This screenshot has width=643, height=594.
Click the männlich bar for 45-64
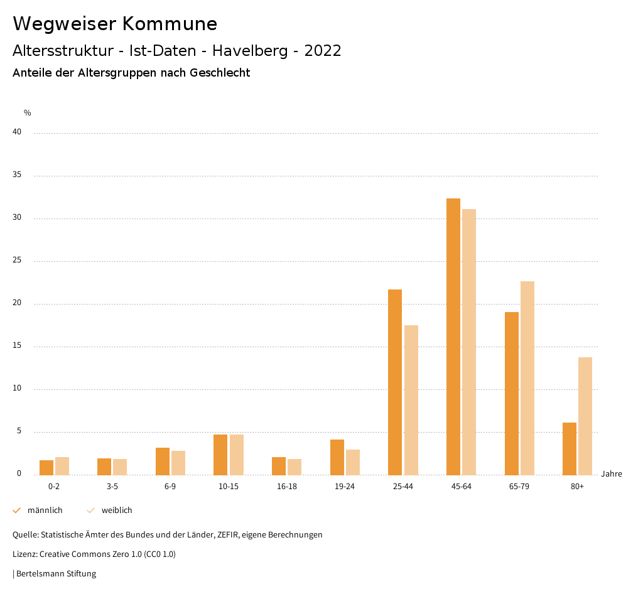(453, 337)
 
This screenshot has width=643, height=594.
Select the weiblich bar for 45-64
(469, 342)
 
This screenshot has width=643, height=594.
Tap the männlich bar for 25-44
(395, 382)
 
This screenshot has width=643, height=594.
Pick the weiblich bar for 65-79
(527, 378)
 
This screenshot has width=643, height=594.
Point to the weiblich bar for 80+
(585, 416)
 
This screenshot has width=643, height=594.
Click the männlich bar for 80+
(570, 448)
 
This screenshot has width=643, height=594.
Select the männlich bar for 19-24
(337, 457)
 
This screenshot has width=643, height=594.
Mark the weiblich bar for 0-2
(62, 466)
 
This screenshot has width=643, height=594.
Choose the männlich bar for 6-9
(163, 462)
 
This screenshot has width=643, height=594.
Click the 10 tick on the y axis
(17, 389)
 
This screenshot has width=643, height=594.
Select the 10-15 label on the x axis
(229, 487)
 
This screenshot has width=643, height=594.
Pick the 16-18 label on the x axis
(287, 487)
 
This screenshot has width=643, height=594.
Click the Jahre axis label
(612, 474)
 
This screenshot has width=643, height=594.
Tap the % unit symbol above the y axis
(28, 113)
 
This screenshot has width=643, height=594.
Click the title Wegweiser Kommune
(115, 24)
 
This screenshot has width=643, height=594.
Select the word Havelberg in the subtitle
(252, 51)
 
